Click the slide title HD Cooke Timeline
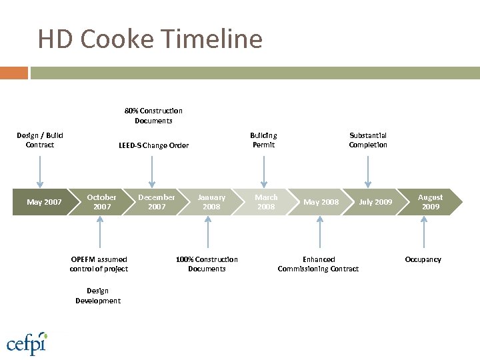point(150,39)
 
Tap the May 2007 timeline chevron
point(44,202)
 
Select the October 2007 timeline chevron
point(101,202)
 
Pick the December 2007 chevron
point(156,202)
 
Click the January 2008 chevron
point(211,202)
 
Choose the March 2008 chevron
point(266,202)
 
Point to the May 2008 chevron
point(321,202)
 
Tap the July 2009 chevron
point(375,202)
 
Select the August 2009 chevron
point(430,202)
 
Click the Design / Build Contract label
point(40,140)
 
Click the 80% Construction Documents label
point(153,115)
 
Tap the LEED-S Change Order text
point(153,145)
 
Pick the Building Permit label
point(263,140)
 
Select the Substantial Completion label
point(368,140)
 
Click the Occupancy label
point(423,259)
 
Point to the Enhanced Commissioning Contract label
point(318,264)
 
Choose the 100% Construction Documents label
point(207,264)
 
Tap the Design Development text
point(98,295)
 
